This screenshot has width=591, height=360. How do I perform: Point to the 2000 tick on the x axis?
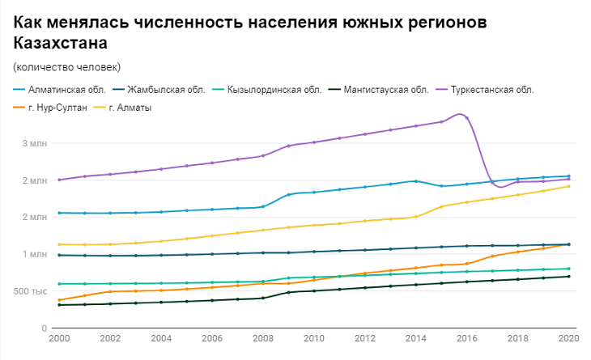tap(59, 339)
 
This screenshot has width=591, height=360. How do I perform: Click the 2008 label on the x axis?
tap(262, 339)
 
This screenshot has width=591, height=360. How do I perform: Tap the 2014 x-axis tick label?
tap(415, 339)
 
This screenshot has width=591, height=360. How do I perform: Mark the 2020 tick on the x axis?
tap(568, 339)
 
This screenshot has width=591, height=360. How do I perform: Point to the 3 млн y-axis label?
tap(35, 143)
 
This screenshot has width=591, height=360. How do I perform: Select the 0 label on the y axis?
tap(45, 328)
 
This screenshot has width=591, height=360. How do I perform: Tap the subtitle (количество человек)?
tap(66, 66)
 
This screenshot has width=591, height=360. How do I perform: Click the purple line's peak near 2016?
tap(461, 114)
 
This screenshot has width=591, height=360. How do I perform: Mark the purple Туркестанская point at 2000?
tap(59, 180)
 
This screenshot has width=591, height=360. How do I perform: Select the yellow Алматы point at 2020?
tap(568, 186)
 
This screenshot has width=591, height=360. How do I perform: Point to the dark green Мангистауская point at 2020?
tap(568, 277)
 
